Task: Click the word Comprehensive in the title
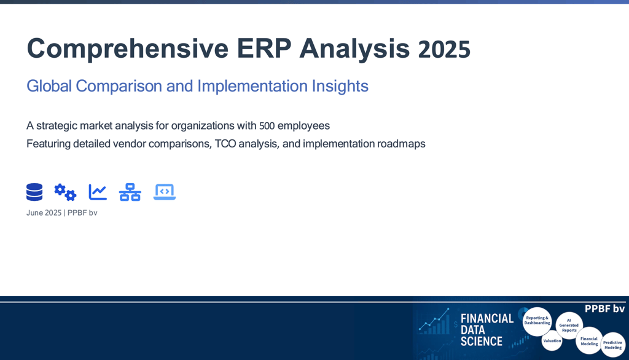click(x=128, y=49)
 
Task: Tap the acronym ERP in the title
click(x=264, y=48)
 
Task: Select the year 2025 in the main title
click(x=444, y=49)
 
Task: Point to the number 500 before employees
click(x=267, y=126)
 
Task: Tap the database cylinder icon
click(x=34, y=192)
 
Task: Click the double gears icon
click(x=65, y=192)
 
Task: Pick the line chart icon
click(x=98, y=192)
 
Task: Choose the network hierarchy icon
click(x=130, y=192)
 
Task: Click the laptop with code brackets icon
click(x=165, y=192)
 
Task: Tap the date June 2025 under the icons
click(x=44, y=213)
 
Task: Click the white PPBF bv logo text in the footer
click(x=604, y=308)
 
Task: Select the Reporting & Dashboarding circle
click(x=537, y=321)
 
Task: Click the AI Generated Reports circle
click(x=569, y=326)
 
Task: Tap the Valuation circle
click(x=552, y=341)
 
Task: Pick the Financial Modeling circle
click(x=589, y=341)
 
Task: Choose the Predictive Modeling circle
click(x=612, y=345)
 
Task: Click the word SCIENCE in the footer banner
click(x=482, y=342)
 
